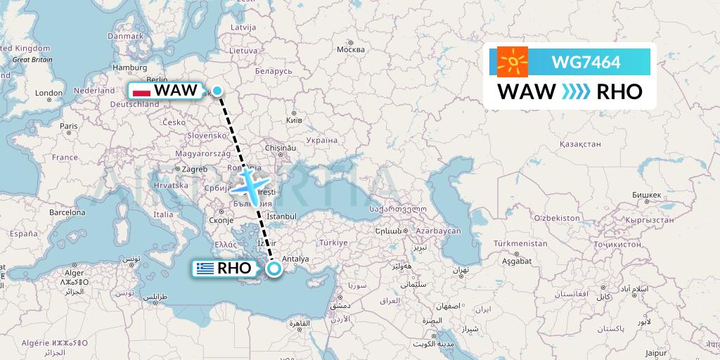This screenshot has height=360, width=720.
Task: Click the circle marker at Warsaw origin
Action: pos(218,91)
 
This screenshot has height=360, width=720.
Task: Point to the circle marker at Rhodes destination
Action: pos(274,268)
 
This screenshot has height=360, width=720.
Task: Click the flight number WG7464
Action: pos(586,62)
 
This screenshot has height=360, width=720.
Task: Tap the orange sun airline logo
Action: pos(513,62)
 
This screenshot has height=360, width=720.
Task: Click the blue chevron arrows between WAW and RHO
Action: pos(576,91)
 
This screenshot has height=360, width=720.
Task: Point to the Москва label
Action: pos(350,50)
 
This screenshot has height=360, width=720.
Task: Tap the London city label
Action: pos(49,93)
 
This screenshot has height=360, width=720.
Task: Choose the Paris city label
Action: pos(68,127)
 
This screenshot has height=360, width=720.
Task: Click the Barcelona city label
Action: pos(67,212)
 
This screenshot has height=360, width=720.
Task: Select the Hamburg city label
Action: pos(129,67)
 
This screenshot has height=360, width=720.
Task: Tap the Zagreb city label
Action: pos(195,169)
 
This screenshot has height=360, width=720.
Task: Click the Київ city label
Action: pos(293,121)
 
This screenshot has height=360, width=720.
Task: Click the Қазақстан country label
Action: pos(579,143)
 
